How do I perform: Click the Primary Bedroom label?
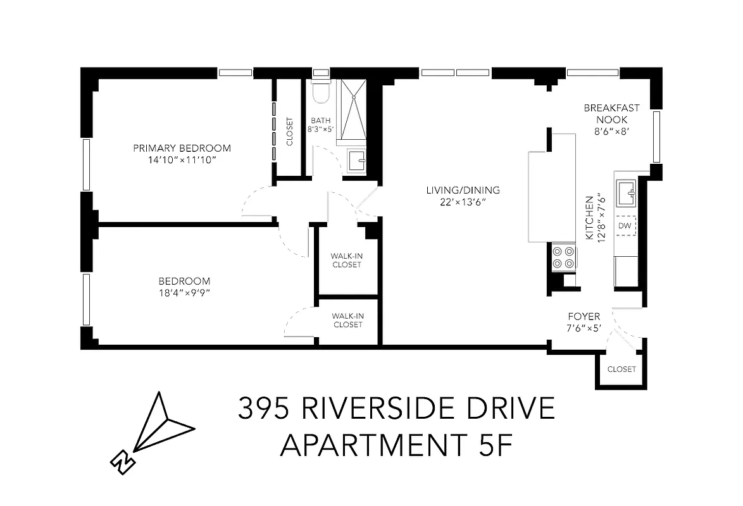coord(182,149)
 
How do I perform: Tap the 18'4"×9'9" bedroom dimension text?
coord(184,292)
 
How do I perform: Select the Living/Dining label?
coord(463,190)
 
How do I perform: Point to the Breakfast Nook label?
coord(611,113)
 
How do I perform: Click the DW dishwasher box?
coord(625,226)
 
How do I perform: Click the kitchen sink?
coord(627,192)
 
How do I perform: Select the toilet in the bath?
coord(322,91)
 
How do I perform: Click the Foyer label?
coord(584,316)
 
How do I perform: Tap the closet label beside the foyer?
coord(621,369)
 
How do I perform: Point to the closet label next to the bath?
coord(290,132)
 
